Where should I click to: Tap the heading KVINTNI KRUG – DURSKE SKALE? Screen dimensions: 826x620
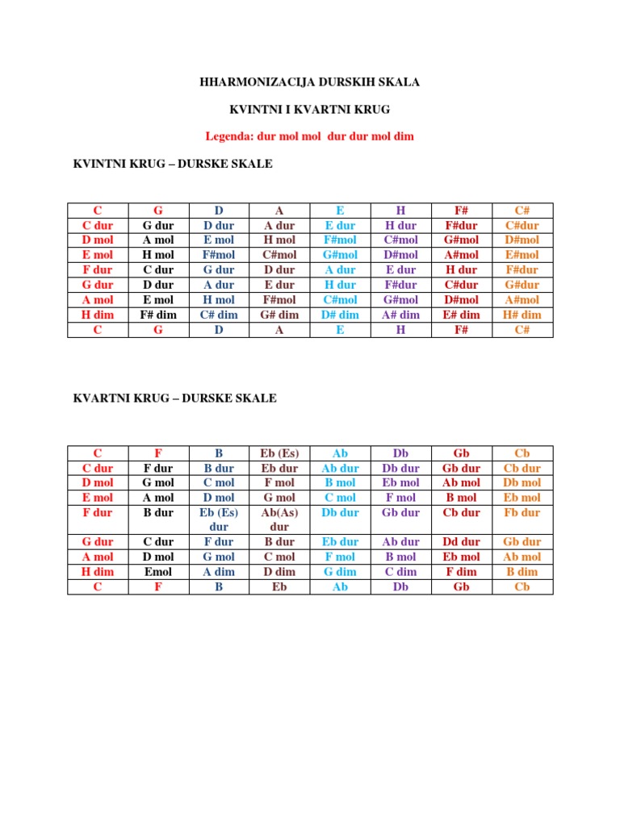(173, 164)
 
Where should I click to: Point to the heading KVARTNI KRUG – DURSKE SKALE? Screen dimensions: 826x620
(174, 398)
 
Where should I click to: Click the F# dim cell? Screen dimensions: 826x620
(158, 315)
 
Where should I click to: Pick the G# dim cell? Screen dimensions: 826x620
(279, 315)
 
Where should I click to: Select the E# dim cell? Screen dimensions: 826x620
(462, 315)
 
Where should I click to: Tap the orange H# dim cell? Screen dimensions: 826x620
(522, 315)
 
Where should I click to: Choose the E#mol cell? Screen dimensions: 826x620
(522, 255)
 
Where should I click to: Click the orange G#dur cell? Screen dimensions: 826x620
(522, 285)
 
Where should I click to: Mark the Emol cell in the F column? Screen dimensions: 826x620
(158, 571)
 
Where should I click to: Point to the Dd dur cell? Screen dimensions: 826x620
(462, 542)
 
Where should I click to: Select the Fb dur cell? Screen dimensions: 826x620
(522, 512)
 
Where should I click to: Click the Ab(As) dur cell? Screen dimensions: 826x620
(279, 519)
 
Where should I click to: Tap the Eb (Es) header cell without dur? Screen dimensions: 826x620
(279, 453)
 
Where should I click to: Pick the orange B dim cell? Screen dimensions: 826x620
(522, 571)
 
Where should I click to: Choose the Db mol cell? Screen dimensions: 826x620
(522, 482)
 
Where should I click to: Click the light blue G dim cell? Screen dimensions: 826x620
(340, 571)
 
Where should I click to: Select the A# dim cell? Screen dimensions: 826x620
(401, 315)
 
